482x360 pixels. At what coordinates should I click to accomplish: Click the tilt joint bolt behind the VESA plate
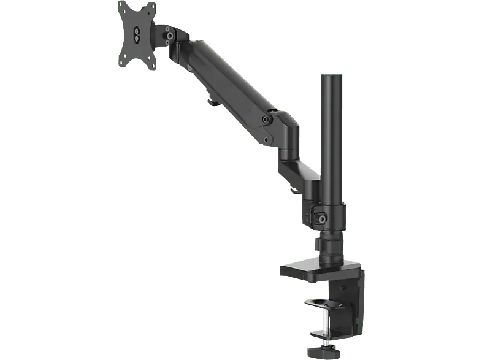click(x=167, y=35)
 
